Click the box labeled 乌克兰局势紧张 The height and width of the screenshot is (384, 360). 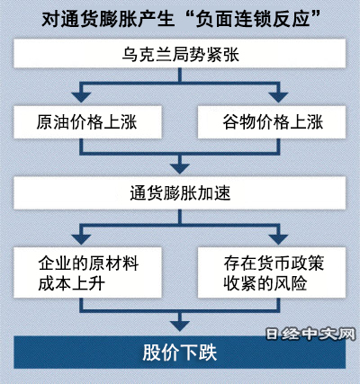click(x=180, y=54)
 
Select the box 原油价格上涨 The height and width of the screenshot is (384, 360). click(x=87, y=122)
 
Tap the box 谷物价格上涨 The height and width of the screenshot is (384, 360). click(x=272, y=122)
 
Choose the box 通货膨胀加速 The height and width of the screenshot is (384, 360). click(x=180, y=193)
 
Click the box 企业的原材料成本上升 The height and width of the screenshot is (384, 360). click(x=87, y=272)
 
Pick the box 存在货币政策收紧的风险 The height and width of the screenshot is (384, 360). click(x=272, y=272)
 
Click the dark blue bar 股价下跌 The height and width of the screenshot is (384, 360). click(x=180, y=353)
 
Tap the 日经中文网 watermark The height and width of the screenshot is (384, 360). click(x=310, y=334)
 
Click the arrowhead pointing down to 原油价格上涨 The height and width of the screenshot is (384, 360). click(x=81, y=97)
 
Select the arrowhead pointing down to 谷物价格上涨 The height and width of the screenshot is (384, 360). click(x=278, y=97)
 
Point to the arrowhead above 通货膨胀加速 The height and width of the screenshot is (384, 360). click(x=180, y=168)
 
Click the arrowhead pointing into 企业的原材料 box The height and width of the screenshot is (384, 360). click(x=81, y=239)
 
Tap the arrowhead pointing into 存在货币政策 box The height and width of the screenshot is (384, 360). click(x=278, y=239)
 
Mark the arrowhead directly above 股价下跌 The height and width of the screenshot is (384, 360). click(x=180, y=326)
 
